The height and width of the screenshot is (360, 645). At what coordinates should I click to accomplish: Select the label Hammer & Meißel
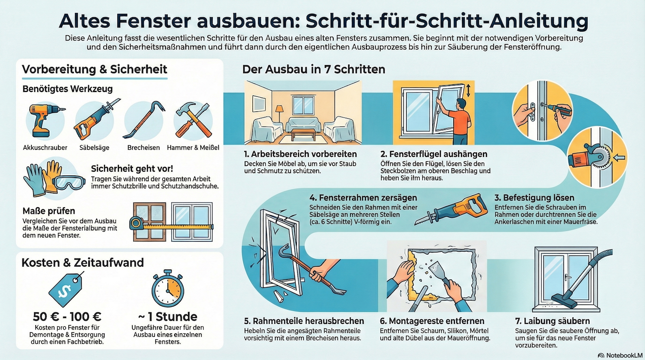coord(193,148)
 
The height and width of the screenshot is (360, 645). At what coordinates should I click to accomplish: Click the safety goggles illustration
coord(70,182)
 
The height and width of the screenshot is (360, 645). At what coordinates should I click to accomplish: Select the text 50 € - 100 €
coord(67,317)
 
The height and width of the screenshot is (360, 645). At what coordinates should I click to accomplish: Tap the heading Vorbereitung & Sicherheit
coord(95,69)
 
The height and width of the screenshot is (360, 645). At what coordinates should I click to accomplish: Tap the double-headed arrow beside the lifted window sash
coord(468,90)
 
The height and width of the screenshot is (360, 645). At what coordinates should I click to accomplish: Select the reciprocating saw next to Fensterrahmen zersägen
coord(451,209)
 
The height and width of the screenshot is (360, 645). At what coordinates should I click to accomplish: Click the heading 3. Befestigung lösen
coord(534,198)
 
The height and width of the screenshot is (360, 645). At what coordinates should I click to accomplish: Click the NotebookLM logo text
coord(624,355)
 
